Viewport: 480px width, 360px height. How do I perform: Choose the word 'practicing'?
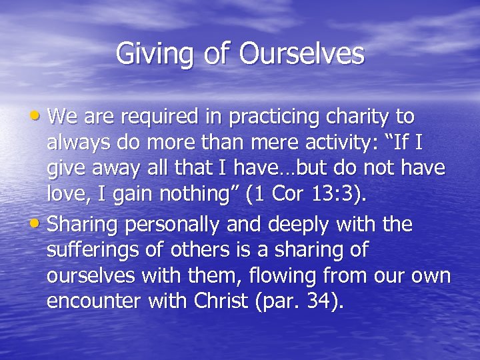coord(264,117)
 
